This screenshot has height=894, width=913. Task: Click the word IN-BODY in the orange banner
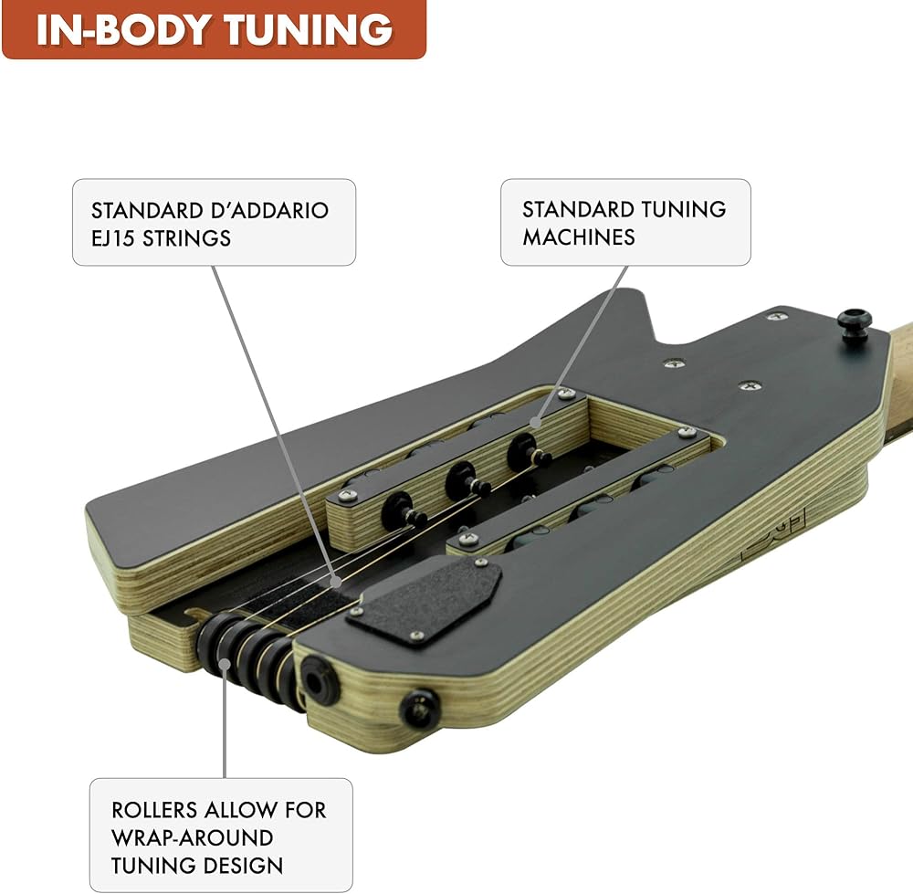[x=123, y=30]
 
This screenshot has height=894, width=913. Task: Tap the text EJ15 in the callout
[x=113, y=238]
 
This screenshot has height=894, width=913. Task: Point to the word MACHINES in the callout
[x=578, y=237]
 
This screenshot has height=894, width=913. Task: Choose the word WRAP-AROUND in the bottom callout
[x=192, y=838]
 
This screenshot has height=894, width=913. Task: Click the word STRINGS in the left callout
[x=186, y=238]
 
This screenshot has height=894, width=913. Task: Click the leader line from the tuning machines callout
[x=582, y=343]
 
